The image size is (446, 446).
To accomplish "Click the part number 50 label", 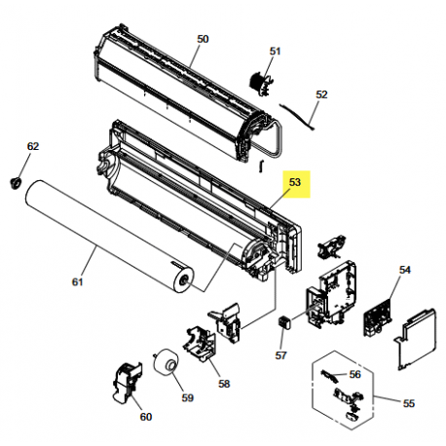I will point(203,39).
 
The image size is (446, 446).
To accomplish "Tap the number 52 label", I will point(322,95).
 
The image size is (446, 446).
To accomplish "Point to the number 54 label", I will point(405,270).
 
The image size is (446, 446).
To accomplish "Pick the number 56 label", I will point(354,374).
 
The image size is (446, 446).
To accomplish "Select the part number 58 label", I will point(224,384).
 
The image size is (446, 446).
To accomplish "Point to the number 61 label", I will point(77,283).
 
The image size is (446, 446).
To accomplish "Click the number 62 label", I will point(32,147).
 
